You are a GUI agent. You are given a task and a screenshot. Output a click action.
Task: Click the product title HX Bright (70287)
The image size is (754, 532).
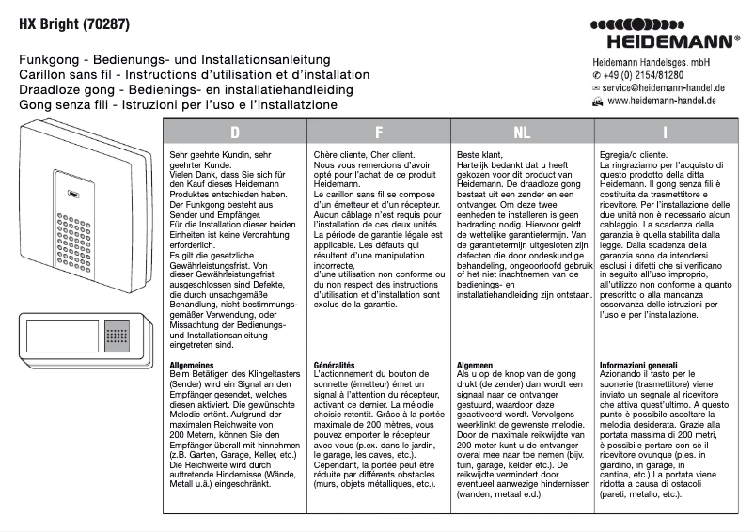tap(74, 20)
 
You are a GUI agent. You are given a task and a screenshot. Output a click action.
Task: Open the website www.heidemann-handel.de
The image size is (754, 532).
tap(662, 100)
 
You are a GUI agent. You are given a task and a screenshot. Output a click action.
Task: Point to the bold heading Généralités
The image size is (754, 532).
tap(336, 363)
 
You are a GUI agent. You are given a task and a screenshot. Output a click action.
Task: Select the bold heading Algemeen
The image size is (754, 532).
tap(477, 363)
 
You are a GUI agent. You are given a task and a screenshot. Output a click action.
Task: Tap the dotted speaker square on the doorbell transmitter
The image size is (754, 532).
tap(117, 336)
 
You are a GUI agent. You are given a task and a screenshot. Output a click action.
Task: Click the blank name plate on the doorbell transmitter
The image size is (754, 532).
tap(62, 336)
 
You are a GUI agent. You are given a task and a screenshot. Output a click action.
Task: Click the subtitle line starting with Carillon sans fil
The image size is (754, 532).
tap(194, 74)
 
